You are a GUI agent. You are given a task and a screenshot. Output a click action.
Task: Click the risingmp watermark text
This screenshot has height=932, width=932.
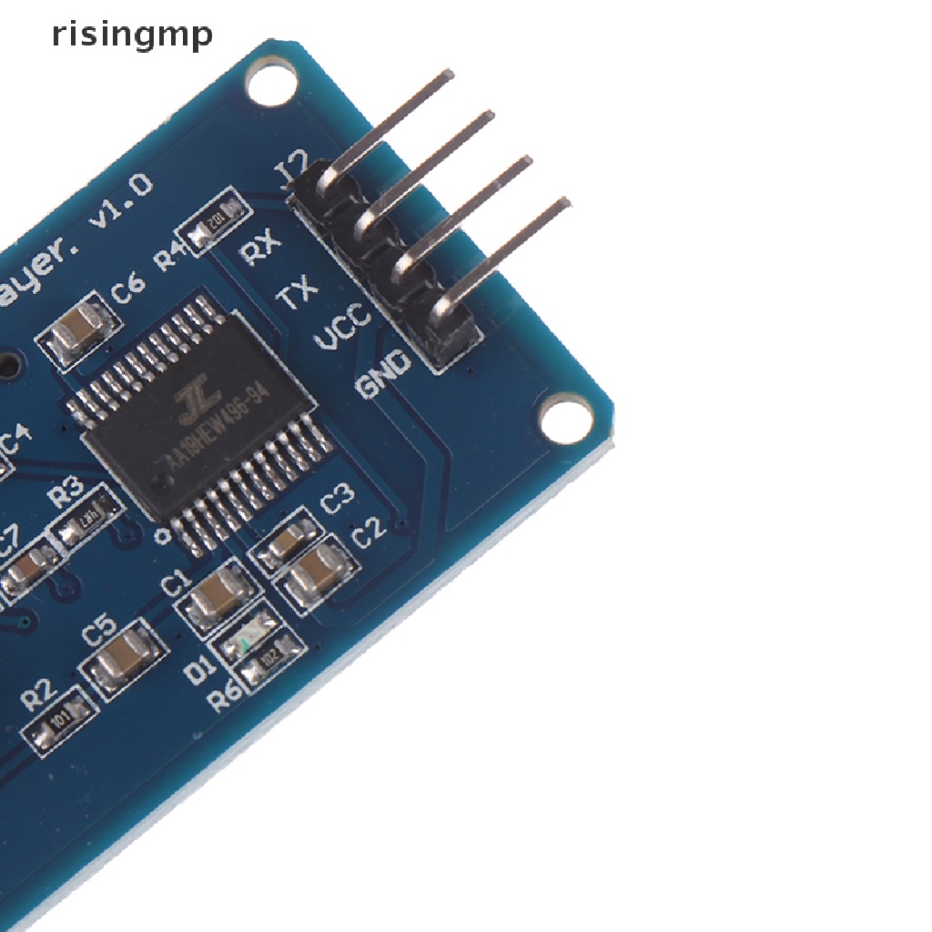[132, 35]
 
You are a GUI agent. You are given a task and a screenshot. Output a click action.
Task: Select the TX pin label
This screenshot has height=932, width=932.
[297, 295]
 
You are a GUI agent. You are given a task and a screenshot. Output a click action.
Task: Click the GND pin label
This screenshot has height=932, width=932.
[386, 373]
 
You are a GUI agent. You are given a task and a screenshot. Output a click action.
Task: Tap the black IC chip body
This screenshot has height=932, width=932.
[208, 420]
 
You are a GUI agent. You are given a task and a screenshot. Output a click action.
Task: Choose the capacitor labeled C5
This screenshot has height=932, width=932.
[127, 656]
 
